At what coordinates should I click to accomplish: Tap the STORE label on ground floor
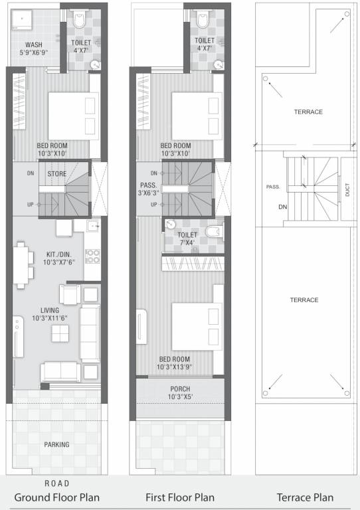(x=56, y=173)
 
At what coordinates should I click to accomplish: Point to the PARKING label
(x=58, y=444)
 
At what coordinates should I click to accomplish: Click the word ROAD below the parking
(x=57, y=483)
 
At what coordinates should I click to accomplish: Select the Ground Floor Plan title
(x=58, y=497)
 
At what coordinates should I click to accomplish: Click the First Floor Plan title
(x=179, y=497)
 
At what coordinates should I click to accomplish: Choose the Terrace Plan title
(x=306, y=497)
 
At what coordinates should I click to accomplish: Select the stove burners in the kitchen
(x=92, y=256)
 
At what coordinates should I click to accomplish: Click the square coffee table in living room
(x=57, y=335)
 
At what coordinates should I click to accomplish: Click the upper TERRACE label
(x=308, y=112)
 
